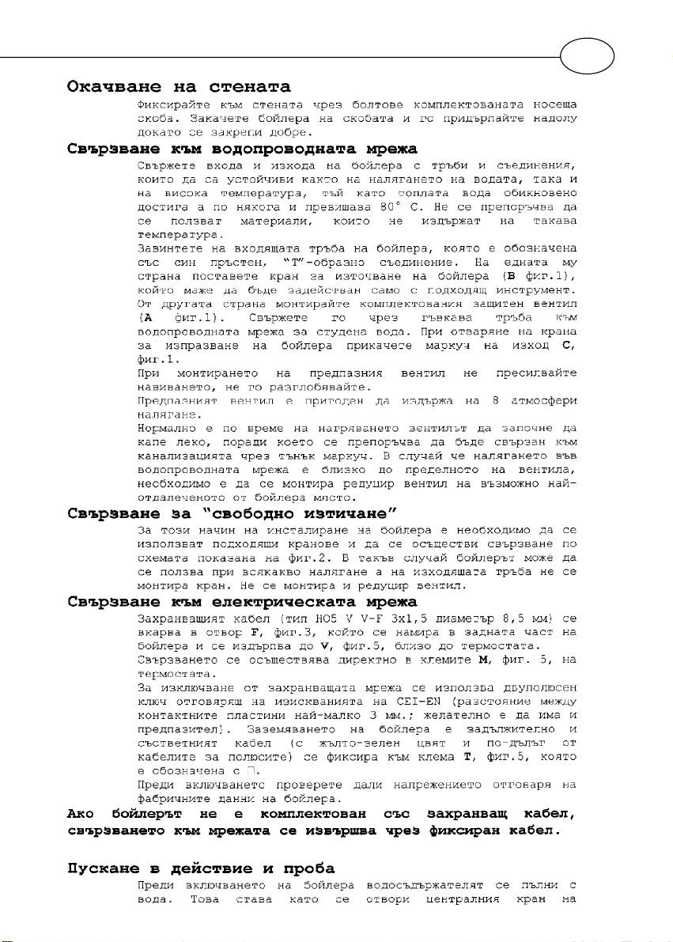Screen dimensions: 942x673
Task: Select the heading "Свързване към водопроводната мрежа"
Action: click(x=241, y=149)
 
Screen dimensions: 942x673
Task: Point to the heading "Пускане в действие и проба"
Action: click(x=200, y=868)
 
